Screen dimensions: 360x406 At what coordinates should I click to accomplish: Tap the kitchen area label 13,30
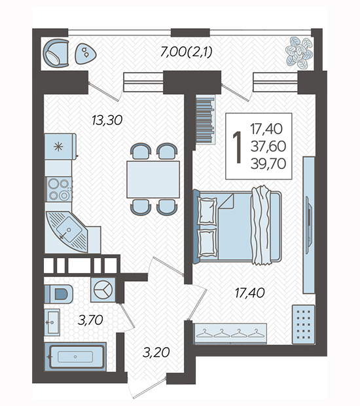[107, 120]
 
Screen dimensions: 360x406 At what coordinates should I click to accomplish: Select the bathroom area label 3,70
[90, 320]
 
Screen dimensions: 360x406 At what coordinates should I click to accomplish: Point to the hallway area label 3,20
[156, 352]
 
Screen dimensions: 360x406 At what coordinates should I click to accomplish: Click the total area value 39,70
[268, 164]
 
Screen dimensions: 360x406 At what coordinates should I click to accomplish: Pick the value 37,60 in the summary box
[268, 146]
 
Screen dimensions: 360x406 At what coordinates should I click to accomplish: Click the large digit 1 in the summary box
[237, 147]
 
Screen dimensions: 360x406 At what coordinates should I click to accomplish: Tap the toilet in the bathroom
[58, 294]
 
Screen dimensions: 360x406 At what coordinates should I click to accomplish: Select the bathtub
[75, 356]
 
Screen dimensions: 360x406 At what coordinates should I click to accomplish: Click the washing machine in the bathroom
[103, 289]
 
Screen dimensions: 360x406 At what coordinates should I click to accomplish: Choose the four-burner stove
[59, 189]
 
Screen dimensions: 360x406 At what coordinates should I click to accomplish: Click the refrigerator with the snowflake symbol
[61, 146]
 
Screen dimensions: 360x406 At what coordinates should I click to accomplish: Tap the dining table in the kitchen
[153, 179]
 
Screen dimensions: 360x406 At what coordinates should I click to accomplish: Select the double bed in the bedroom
[238, 225]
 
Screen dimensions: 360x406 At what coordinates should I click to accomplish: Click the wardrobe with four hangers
[230, 334]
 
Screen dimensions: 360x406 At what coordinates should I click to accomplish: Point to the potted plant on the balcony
[299, 53]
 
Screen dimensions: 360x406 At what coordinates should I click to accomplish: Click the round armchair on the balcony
[56, 53]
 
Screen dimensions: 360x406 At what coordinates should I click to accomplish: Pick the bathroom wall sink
[52, 322]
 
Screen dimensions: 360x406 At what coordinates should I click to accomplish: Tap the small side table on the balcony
[85, 54]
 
